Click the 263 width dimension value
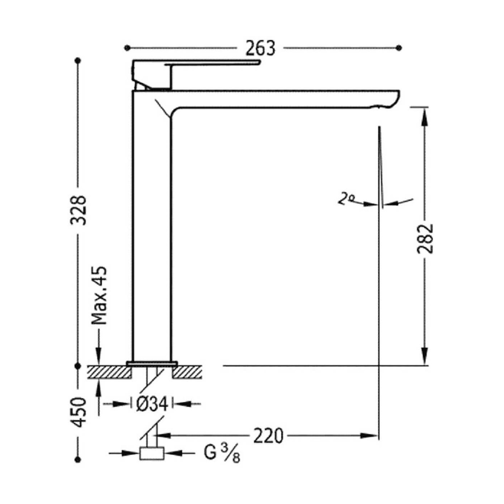click(260, 48)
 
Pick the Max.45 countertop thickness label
click(99, 295)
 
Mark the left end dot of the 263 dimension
click(127, 48)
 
